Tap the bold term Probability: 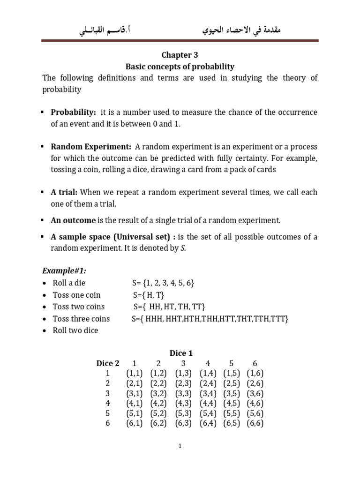point(73,112)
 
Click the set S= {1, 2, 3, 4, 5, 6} point(163,283)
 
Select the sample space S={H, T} point(149,295)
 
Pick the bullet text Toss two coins point(78,307)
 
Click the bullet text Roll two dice point(75,330)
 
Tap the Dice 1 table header point(180,353)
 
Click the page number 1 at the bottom point(180,447)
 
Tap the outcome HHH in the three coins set point(155,319)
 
